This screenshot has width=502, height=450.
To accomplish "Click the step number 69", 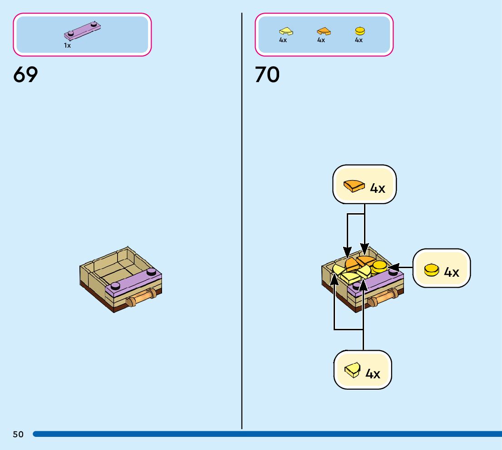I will (25, 75).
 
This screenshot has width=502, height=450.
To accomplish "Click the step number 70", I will (267, 75).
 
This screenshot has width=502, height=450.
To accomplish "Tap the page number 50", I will (18, 435).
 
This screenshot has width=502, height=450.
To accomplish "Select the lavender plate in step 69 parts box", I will (83, 30).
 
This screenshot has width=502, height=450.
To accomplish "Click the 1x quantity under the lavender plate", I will (67, 46).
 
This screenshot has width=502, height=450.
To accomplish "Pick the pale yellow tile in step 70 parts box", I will (286, 31).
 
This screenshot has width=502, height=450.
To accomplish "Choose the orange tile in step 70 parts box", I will (324, 31).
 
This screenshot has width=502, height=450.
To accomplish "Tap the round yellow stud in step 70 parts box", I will (359, 31).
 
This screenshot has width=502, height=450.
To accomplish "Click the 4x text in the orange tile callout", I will (378, 188).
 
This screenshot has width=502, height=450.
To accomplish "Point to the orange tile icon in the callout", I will (354, 186).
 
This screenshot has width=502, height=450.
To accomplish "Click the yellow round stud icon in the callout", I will (432, 270).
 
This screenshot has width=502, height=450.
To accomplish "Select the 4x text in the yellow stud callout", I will (452, 272).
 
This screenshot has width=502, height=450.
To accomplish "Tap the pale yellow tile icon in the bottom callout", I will (352, 371).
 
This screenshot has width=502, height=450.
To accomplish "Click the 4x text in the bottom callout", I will (373, 374).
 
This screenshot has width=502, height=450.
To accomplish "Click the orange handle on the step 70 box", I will (383, 298).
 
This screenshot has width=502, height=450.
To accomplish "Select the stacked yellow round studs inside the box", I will (379, 267).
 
